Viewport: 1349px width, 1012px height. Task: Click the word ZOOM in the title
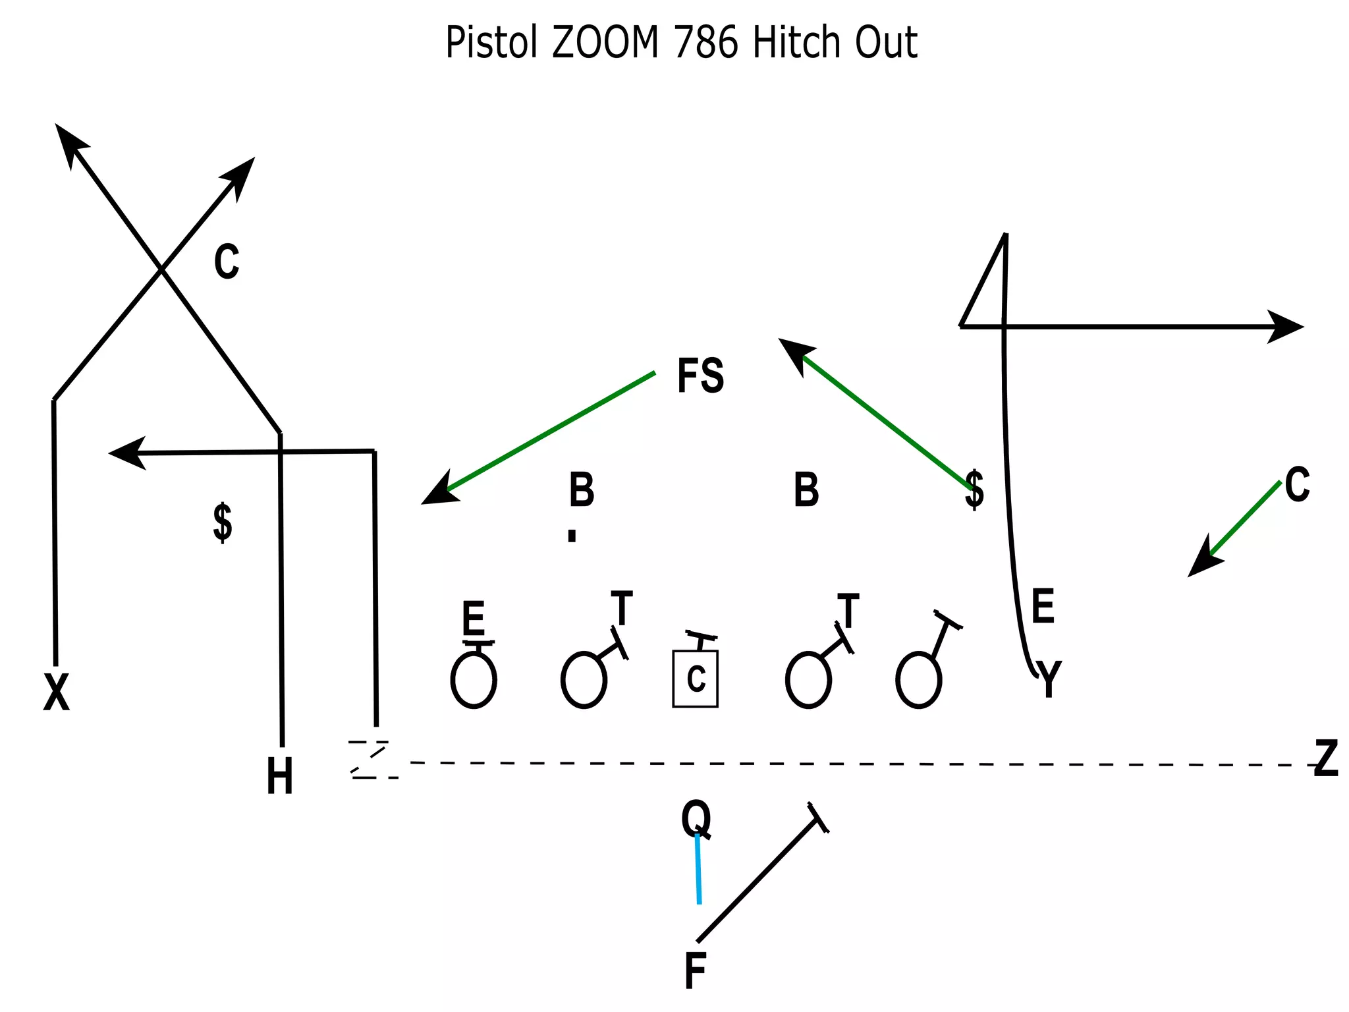[x=605, y=43]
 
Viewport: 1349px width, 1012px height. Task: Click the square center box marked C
[x=695, y=679]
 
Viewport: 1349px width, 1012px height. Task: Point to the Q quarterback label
[x=696, y=818]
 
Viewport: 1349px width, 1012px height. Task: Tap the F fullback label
[x=695, y=970]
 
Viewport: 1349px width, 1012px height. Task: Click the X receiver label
[x=56, y=692]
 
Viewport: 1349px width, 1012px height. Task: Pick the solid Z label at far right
[x=1326, y=758]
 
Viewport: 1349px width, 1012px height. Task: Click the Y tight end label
[x=1049, y=679]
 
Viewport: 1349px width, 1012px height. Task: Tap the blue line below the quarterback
[x=698, y=870]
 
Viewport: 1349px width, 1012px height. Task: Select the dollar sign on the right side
[x=974, y=490]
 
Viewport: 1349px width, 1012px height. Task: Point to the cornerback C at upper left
[x=227, y=262]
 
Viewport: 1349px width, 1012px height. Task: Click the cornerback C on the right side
[x=1297, y=485]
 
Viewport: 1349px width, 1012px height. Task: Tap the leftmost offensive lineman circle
[x=474, y=680]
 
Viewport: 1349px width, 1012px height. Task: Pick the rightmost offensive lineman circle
[x=918, y=680]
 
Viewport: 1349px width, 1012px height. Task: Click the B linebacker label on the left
[x=582, y=490]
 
